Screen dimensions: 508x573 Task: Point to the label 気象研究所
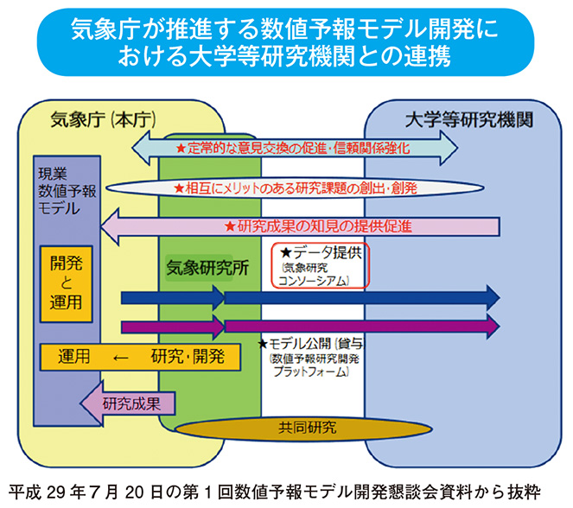(x=207, y=269)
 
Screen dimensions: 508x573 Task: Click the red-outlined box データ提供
(x=321, y=265)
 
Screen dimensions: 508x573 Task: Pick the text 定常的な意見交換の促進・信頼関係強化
(x=294, y=149)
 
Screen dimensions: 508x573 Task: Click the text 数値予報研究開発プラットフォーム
(x=308, y=365)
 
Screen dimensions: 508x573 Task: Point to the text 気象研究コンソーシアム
(x=315, y=275)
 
